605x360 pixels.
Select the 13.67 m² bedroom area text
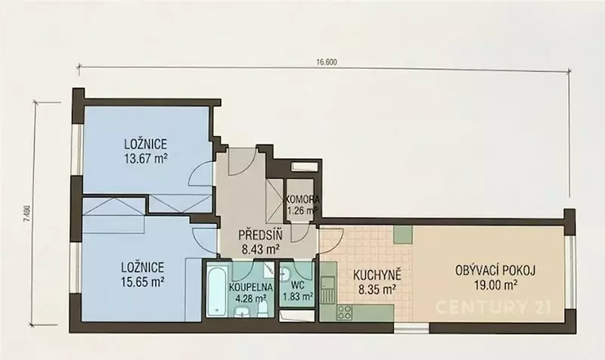[146, 158]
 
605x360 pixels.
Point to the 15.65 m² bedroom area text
[143, 282]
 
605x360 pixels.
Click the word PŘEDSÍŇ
[260, 235]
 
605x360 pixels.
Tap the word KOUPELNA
[251, 287]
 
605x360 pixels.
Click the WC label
[297, 285]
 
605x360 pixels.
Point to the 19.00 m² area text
[495, 285]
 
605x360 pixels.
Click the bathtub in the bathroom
[216, 290]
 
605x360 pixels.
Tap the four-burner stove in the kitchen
[344, 312]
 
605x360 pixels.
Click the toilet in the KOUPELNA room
[262, 309]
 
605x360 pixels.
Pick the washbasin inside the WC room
[285, 275]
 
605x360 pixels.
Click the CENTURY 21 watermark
[494, 308]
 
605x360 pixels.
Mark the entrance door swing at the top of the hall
[241, 162]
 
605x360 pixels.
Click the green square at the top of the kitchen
[403, 234]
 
